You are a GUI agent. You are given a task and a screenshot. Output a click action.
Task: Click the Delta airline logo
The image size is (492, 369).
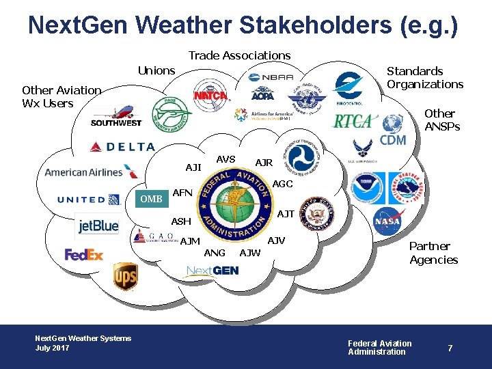[x=122, y=146]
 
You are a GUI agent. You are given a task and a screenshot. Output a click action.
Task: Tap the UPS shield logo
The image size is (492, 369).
[x=125, y=277]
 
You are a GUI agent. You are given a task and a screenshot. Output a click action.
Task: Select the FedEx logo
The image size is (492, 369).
[x=83, y=254]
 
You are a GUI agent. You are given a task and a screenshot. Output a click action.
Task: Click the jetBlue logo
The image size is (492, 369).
[x=98, y=225]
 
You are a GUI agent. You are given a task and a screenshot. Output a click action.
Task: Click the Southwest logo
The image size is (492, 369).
[x=116, y=116]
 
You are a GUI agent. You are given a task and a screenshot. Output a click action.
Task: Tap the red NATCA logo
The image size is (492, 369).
[x=210, y=96]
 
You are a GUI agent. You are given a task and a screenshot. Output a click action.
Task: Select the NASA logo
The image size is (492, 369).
[x=387, y=221]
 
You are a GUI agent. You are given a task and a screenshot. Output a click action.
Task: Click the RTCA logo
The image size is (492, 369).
[x=353, y=122]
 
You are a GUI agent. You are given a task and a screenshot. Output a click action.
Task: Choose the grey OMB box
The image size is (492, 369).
[x=151, y=199]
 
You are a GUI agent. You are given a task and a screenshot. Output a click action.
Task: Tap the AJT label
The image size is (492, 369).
[x=286, y=214]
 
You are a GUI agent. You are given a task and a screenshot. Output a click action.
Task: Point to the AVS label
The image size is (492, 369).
[x=225, y=159]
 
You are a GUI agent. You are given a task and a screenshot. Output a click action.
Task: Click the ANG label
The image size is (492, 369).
[x=215, y=253]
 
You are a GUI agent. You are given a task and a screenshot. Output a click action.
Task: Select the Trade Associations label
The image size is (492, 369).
[x=239, y=55]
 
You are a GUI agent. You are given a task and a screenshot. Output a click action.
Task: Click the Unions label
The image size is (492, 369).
[x=156, y=70]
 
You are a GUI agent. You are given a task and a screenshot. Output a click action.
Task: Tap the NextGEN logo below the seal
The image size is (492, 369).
[x=213, y=271]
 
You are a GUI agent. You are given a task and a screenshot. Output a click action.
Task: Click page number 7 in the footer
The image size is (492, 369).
[x=450, y=348]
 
